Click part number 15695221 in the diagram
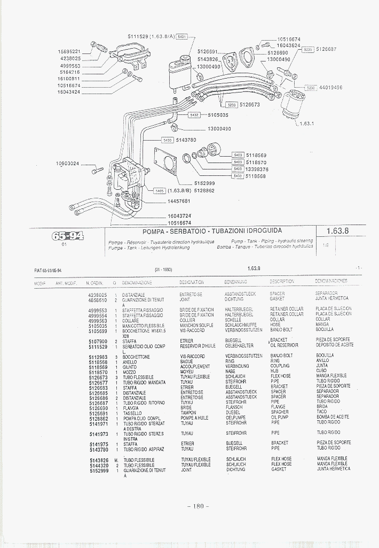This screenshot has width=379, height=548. (69, 51)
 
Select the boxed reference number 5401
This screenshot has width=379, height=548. (181, 36)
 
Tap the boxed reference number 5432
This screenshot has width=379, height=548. (194, 114)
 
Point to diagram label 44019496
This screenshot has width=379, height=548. (330, 87)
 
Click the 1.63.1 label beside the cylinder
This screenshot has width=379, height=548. (306, 123)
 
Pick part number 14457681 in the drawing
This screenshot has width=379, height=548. (179, 201)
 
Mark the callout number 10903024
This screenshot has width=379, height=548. (68, 163)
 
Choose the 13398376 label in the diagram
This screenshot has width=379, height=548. (256, 169)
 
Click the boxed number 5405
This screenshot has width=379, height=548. (159, 191)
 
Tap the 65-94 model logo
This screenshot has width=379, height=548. (67, 236)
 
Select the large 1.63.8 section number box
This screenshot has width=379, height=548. (337, 231)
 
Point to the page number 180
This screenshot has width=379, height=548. (198, 507)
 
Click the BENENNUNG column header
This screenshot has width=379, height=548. (236, 282)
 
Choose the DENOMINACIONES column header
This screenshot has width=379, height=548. (331, 281)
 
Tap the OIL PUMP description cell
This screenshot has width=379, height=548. (280, 418)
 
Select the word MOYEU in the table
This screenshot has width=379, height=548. (186, 371)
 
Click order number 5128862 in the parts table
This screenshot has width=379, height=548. (98, 418)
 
